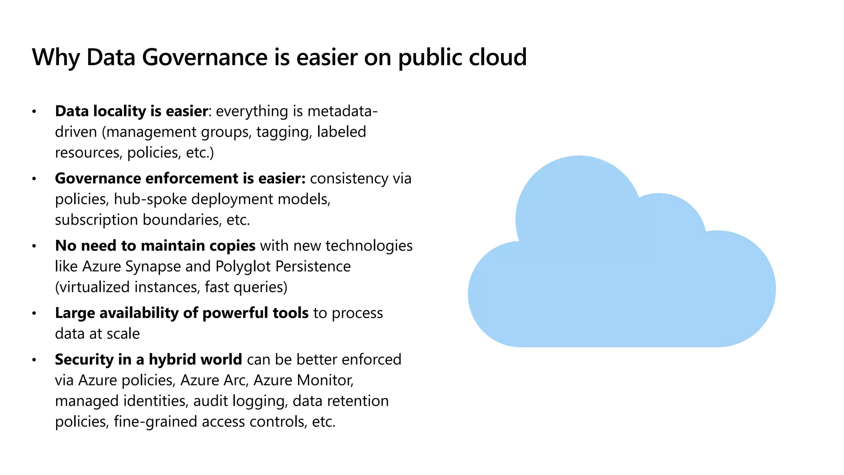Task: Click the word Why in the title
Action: (x=56, y=57)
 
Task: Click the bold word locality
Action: (x=119, y=111)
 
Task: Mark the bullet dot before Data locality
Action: (x=34, y=112)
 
